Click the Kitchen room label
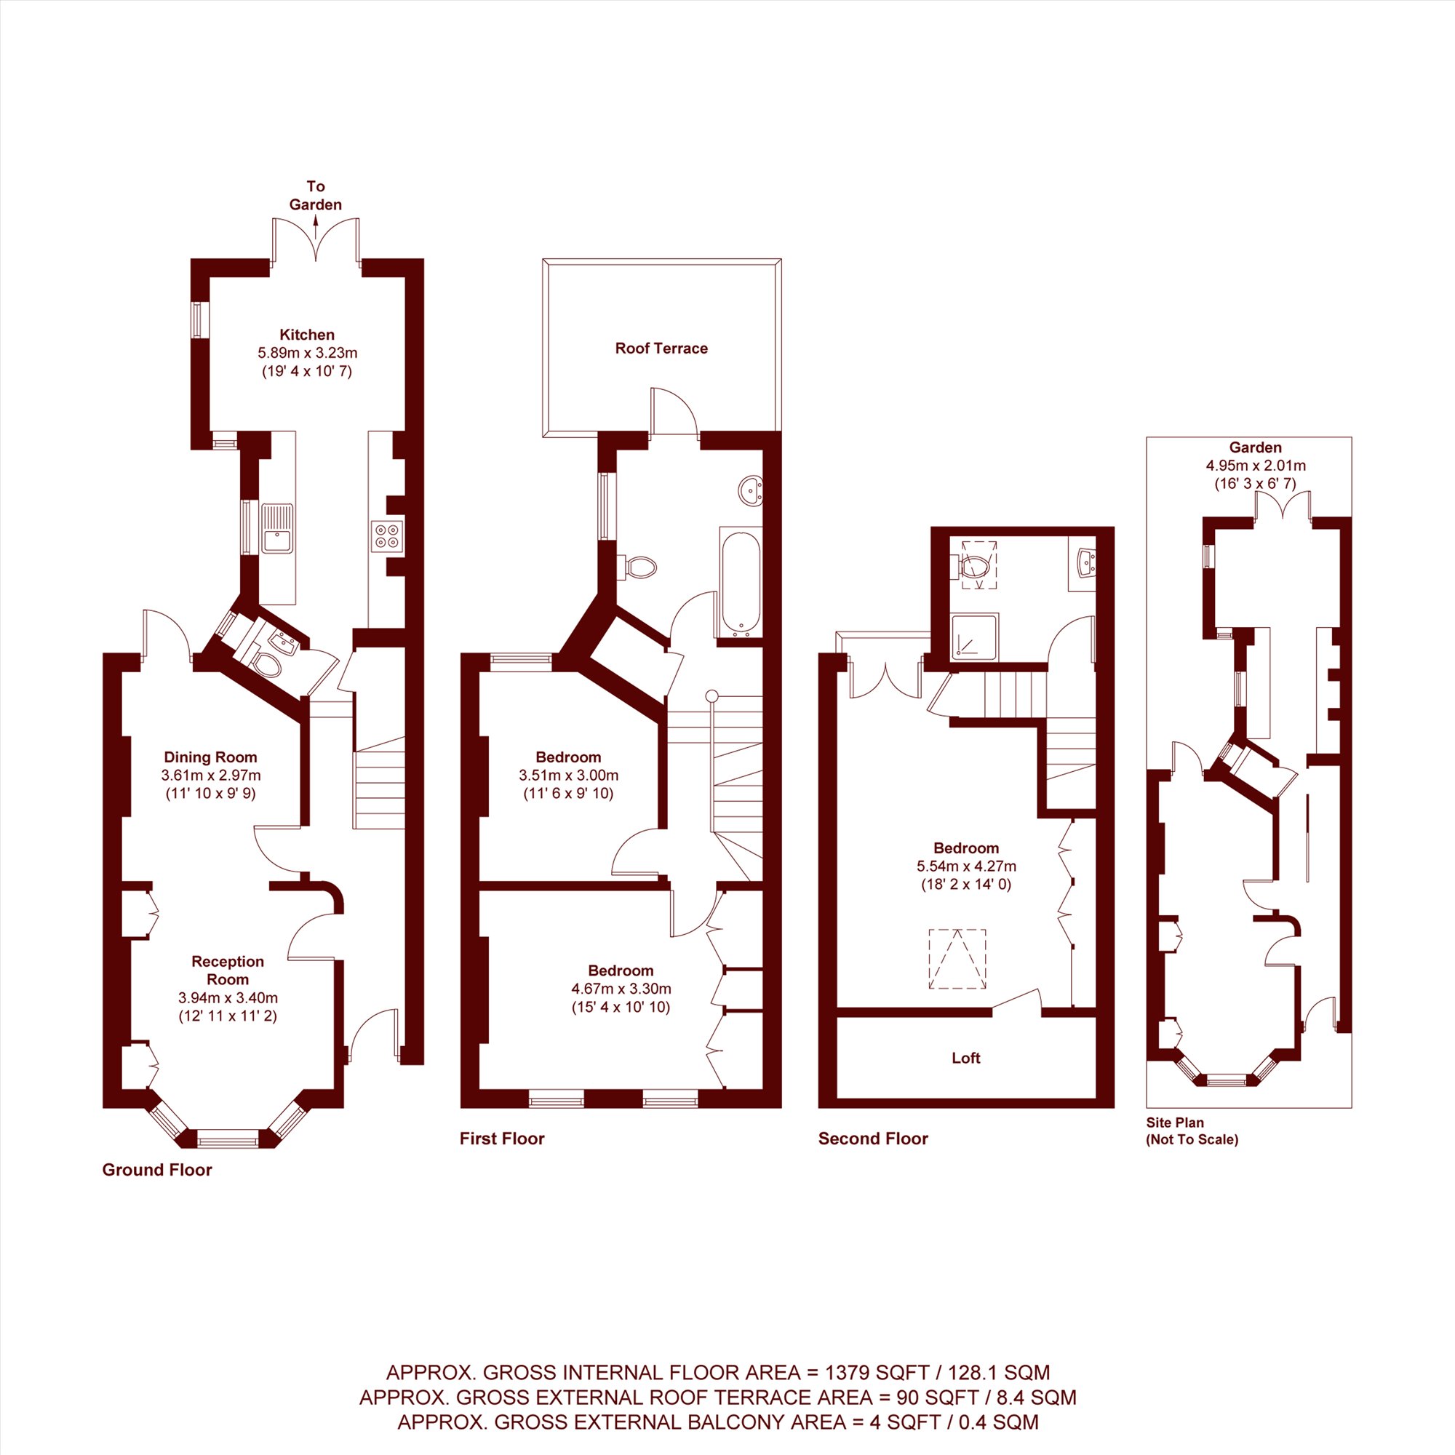pyautogui.click(x=307, y=335)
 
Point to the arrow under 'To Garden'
pyautogui.click(x=316, y=223)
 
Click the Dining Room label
pyautogui.click(x=211, y=757)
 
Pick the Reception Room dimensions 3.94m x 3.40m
pyautogui.click(x=228, y=998)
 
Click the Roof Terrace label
pyautogui.click(x=661, y=348)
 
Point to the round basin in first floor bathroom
pyautogui.click(x=751, y=490)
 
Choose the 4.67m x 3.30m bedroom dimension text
pyautogui.click(x=621, y=989)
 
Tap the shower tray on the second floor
pyautogui.click(x=975, y=637)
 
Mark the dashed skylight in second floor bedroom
pyautogui.click(x=957, y=959)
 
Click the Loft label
pyautogui.click(x=966, y=1058)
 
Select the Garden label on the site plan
pyautogui.click(x=1256, y=447)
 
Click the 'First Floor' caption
pyautogui.click(x=501, y=1139)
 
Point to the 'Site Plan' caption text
pyautogui.click(x=1175, y=1122)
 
